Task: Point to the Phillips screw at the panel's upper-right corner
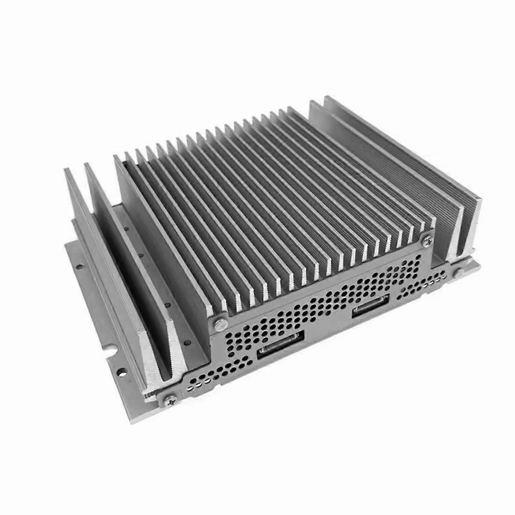pos(428,242)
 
